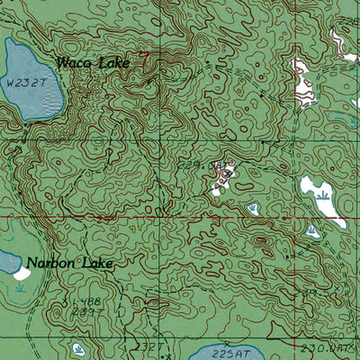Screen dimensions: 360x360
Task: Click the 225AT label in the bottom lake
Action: point(233,354)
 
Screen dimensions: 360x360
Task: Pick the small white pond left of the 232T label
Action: point(78,347)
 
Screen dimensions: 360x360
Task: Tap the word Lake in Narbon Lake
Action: point(94,265)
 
